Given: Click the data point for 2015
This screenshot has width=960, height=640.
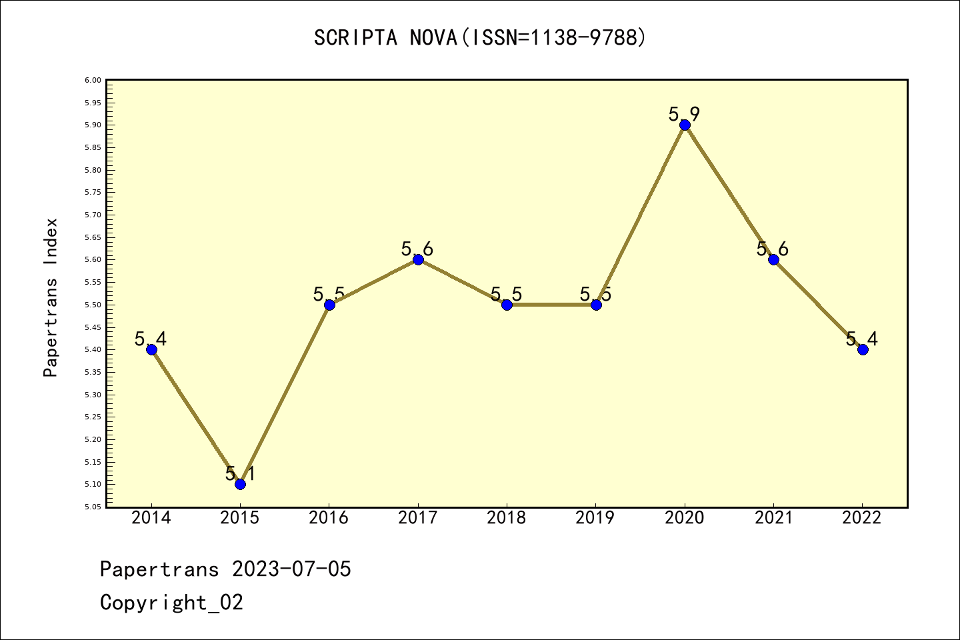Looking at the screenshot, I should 240,484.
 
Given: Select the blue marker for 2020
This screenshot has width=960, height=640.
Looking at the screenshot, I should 685,125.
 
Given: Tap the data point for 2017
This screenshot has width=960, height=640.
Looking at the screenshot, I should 418,259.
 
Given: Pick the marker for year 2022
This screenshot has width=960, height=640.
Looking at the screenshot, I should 863,349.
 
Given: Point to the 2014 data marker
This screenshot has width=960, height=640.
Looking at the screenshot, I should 151,349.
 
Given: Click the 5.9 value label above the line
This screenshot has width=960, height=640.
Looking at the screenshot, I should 685,114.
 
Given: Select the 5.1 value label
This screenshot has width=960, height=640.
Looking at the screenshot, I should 240,474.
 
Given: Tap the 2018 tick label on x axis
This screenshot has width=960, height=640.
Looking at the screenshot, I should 507,518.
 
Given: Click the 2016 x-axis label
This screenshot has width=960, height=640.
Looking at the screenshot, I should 329,518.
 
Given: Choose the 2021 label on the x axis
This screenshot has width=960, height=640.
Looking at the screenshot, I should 773,518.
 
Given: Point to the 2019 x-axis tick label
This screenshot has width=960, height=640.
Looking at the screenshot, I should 595,518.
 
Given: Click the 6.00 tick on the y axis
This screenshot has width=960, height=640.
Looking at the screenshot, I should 93,80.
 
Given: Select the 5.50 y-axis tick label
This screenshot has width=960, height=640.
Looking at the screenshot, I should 93,305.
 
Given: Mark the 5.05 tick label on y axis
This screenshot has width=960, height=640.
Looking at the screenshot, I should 93,507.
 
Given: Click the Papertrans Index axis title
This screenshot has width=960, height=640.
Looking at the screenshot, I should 51,297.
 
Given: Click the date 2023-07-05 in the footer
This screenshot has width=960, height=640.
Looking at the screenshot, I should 291,569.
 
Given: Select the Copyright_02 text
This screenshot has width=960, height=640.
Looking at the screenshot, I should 171,603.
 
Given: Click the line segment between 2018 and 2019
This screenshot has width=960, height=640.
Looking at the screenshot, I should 551,305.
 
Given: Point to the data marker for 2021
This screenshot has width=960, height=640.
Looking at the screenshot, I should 773,259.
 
